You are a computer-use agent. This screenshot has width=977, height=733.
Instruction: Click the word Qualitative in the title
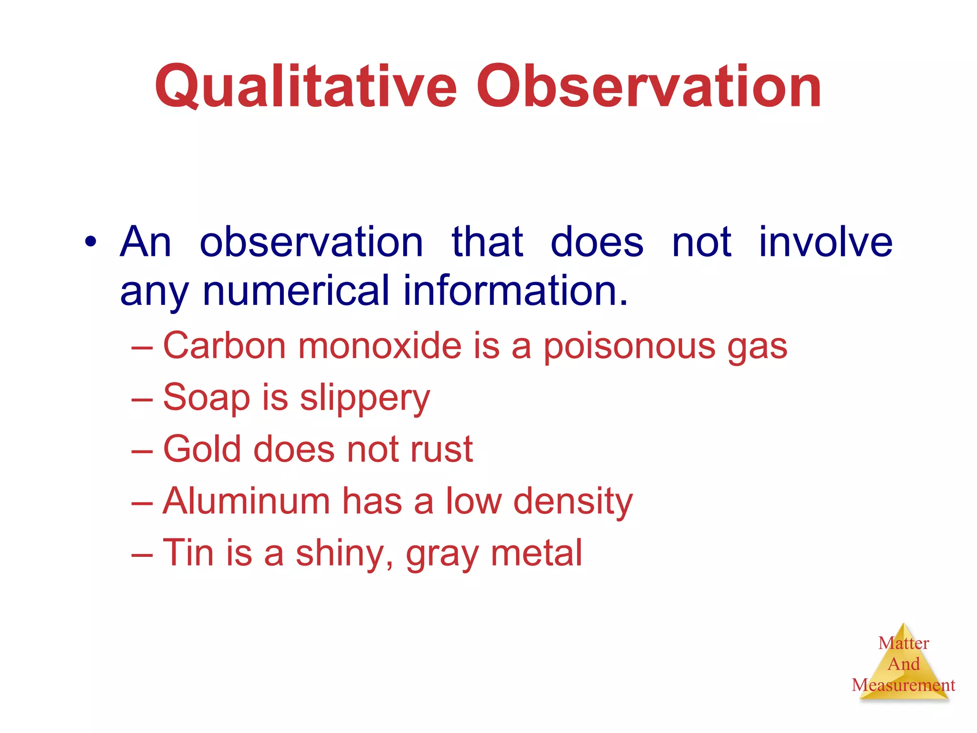305,87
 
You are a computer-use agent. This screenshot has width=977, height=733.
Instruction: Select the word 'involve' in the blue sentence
825,242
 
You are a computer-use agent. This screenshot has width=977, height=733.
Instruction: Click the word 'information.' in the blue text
515,291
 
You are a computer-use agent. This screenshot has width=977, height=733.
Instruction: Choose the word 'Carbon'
224,346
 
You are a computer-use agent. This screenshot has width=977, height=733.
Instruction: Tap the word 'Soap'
206,397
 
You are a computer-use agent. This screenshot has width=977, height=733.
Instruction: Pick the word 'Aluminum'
246,501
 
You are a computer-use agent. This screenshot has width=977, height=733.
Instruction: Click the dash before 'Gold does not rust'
142,450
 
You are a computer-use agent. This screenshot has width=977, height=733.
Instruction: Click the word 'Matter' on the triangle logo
904,643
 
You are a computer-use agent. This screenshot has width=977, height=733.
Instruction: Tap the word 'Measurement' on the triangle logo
903,685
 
